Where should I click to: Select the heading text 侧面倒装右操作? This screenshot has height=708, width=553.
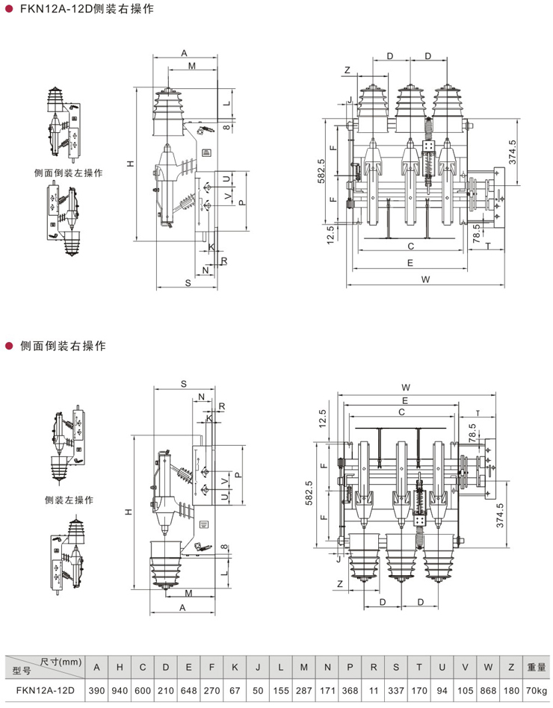pyautogui.click(x=63, y=347)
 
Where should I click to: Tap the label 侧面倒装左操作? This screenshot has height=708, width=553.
pyautogui.click(x=69, y=173)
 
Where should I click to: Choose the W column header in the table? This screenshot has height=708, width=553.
pyautogui.click(x=488, y=667)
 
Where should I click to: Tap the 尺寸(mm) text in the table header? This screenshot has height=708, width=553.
pyautogui.click(x=61, y=662)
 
